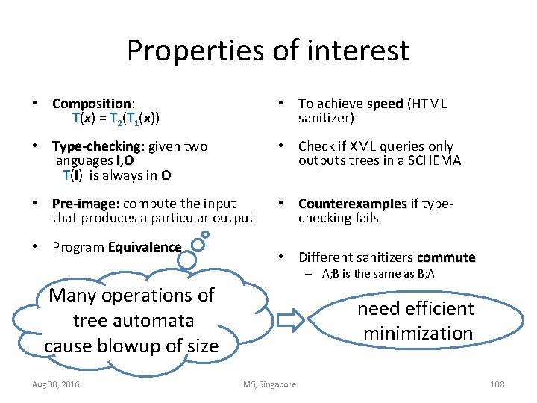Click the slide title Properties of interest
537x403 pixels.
(x=268, y=50)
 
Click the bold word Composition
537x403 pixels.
(x=92, y=104)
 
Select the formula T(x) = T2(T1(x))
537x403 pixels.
(x=116, y=119)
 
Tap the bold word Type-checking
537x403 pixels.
(x=95, y=146)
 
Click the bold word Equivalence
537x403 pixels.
(x=145, y=247)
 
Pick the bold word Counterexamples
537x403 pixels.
(x=353, y=204)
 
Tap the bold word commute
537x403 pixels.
(x=446, y=257)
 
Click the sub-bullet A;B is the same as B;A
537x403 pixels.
(x=379, y=274)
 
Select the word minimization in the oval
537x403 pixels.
(x=418, y=333)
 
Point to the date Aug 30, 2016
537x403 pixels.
(x=57, y=384)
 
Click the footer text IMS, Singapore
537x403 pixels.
(x=268, y=384)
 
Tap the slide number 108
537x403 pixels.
(x=497, y=384)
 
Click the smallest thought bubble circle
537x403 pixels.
(x=205, y=234)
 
